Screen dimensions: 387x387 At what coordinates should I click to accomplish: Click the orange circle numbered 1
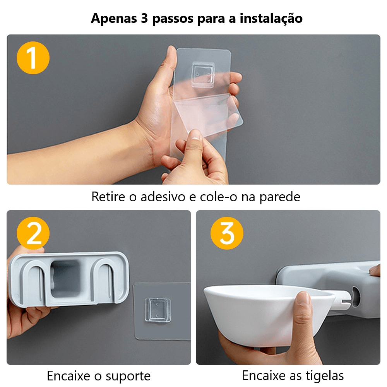coord(33,58)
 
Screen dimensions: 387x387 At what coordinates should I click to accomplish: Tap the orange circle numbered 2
coord(33,233)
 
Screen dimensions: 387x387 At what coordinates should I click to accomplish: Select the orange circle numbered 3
coord(227,233)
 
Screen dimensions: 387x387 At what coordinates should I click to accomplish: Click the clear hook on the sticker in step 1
coord(203,74)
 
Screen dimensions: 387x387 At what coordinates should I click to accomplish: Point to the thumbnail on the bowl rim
coord(304,298)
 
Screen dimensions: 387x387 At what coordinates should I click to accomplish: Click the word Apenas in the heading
coord(112,18)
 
